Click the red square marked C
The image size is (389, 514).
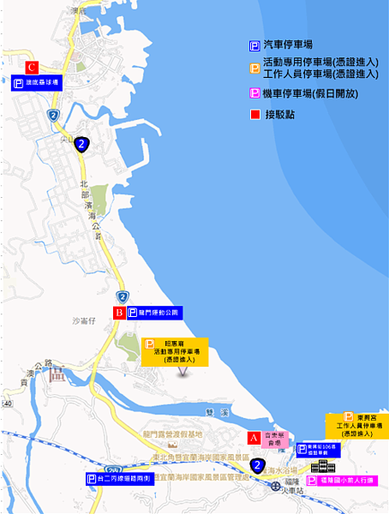[32, 67]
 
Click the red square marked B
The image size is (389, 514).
[119, 313]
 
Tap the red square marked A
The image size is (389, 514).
[253, 437]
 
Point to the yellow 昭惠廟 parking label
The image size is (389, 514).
[177, 351]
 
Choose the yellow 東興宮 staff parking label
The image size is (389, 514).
[358, 426]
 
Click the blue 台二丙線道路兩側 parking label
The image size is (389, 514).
[121, 479]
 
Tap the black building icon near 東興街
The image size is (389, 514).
[323, 467]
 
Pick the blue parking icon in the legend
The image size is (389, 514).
[254, 45]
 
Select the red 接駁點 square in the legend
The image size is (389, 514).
[254, 114]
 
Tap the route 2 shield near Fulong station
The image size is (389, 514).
[257, 466]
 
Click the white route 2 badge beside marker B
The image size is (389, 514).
[123, 296]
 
